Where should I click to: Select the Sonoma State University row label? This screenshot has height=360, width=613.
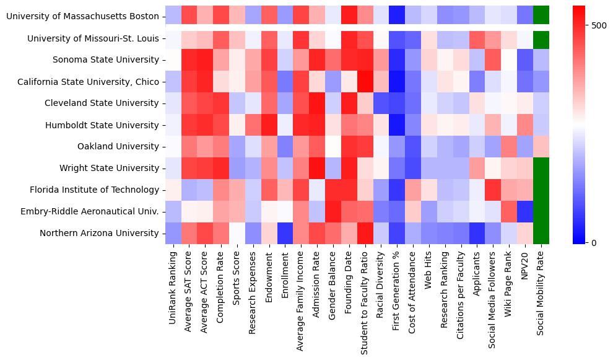coord(107,59)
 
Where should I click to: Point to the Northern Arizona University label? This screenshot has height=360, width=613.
coord(99,233)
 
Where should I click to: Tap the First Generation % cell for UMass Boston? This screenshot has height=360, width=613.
coord(397,16)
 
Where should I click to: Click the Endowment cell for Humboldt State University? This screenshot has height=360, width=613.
coord(269,125)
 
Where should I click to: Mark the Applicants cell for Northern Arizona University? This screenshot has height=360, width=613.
coord(477,233)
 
